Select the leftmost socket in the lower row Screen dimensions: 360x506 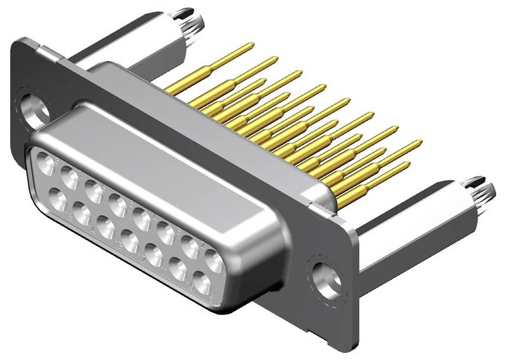pyautogui.click(x=57, y=196)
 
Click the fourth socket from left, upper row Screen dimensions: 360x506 pyautogui.click(x=118, y=204)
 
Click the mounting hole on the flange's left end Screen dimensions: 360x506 pyautogui.click(x=33, y=107)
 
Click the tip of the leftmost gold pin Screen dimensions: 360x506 pyautogui.click(x=251, y=45)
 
